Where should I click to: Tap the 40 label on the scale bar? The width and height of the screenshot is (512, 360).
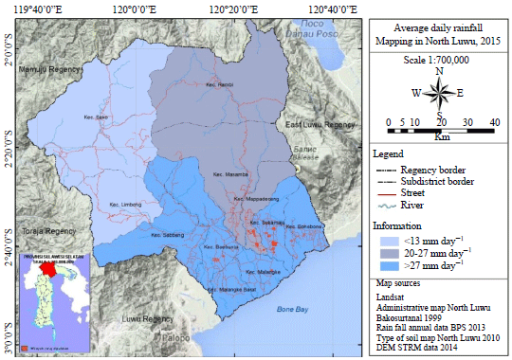point(494,122)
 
